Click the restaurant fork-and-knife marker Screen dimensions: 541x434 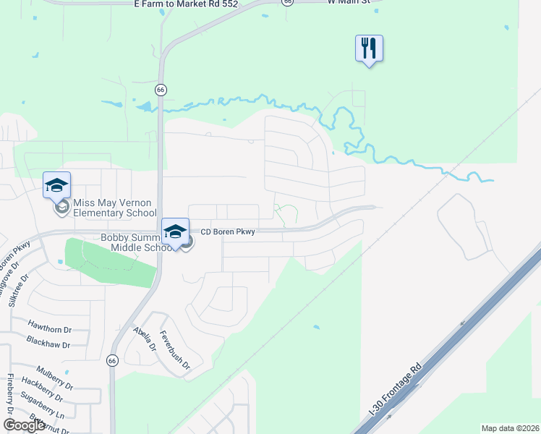369,49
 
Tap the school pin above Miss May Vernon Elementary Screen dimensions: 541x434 56,186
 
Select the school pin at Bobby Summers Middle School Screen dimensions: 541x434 174,231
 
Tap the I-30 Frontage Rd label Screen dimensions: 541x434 394,391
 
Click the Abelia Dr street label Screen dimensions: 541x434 145,337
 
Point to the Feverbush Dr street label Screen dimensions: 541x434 174,350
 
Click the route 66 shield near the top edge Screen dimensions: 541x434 289,2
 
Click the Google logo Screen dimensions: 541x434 24,425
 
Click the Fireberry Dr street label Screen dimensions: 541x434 10,393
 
